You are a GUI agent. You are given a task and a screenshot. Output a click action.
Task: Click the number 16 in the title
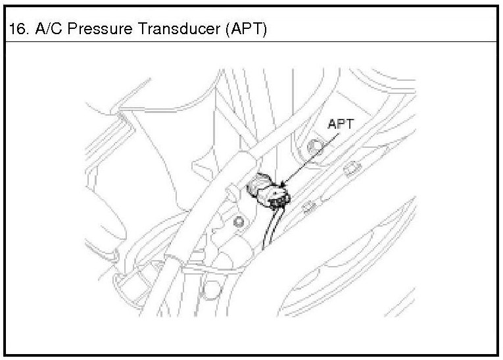click(16, 30)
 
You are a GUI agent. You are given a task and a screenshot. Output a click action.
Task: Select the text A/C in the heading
click(45, 30)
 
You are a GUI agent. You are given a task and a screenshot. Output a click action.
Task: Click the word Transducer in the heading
click(169, 30)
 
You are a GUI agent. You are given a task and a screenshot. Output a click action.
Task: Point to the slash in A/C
click(45, 30)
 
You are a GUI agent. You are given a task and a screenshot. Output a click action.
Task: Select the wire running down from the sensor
click(268, 230)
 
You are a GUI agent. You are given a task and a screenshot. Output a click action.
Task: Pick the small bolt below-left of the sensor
click(238, 222)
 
